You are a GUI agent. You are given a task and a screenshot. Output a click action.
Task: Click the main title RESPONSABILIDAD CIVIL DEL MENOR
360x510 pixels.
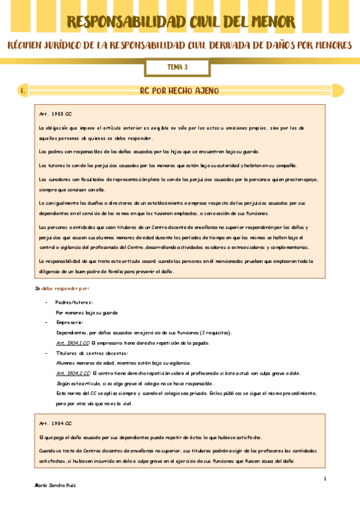[x=181, y=22]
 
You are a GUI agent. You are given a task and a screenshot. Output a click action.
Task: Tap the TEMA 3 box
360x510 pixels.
[x=177, y=67]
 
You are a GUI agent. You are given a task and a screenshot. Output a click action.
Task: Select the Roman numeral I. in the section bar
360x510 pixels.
[x=22, y=91]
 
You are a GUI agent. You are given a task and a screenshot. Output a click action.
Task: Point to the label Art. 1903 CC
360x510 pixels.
[x=55, y=114]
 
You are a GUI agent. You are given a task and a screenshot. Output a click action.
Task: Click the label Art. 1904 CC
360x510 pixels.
[x=55, y=423]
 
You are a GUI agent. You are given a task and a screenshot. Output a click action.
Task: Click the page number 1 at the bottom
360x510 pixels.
[x=324, y=479]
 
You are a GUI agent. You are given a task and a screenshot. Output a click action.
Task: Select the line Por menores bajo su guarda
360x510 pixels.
[x=87, y=312]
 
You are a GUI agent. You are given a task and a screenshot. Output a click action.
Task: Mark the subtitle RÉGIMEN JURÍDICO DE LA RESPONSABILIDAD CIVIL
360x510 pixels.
[x=180, y=47]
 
